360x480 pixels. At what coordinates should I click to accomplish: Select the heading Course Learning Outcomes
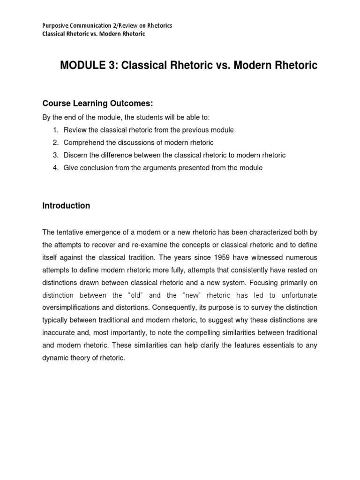coord(91,103)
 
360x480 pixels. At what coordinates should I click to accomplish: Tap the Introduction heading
coord(66,206)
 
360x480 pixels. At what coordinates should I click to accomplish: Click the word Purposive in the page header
coord(55,25)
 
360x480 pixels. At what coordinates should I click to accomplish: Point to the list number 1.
coord(55,130)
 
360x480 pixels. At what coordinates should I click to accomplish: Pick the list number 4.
coord(55,168)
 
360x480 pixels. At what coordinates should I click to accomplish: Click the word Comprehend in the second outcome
coord(82,142)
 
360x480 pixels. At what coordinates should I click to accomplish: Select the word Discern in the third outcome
coord(75,155)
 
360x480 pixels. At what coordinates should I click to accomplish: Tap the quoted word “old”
coord(135,295)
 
